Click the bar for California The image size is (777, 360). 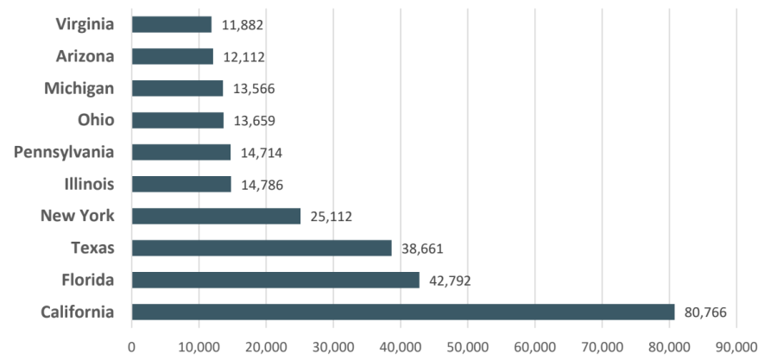[x=402, y=312]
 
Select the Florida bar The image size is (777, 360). [x=275, y=280]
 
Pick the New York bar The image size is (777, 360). [x=216, y=216]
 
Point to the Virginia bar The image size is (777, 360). [x=172, y=24]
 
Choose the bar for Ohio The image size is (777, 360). [x=178, y=120]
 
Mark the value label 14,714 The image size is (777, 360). [x=262, y=153]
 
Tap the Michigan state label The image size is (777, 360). [x=79, y=88]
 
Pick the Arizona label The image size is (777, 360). [x=85, y=56]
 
